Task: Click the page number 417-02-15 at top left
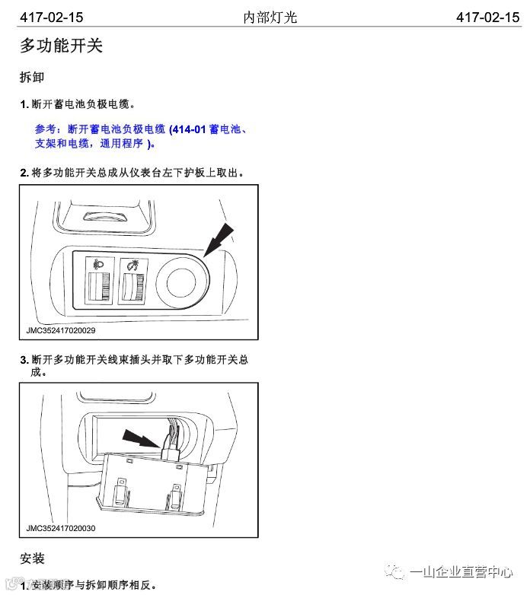click(x=51, y=17)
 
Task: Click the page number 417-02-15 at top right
click(x=488, y=17)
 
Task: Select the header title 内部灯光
click(x=270, y=17)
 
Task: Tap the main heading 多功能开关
click(x=61, y=46)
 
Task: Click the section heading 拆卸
click(x=32, y=77)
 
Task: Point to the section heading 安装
click(x=32, y=558)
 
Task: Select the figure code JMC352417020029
click(x=61, y=330)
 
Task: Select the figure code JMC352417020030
click(x=61, y=528)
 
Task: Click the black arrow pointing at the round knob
click(x=219, y=240)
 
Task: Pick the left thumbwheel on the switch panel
click(x=100, y=287)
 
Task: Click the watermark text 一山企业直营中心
click(x=461, y=571)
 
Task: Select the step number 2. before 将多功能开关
click(x=24, y=173)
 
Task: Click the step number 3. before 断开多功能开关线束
click(x=24, y=360)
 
